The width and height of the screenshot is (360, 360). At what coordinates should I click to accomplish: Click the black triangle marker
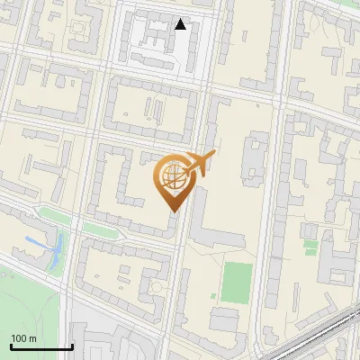[x=181, y=24]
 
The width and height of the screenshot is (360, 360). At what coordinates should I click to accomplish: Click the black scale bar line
[x=41, y=346]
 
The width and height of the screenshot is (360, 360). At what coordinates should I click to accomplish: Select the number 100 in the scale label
[x=20, y=338]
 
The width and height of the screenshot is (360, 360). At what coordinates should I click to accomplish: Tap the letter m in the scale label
[x=32, y=338]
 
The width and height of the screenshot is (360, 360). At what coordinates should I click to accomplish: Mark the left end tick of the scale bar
[x=11, y=345]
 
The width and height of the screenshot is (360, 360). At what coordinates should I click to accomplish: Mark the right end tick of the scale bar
[x=72, y=345]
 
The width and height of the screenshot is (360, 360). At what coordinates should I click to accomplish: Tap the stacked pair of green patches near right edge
[x=310, y=237]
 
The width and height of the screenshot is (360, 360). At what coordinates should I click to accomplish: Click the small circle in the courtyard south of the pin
[x=158, y=287]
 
